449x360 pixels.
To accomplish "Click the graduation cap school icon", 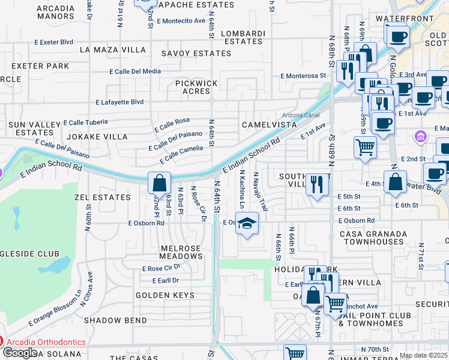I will [x=246, y=223].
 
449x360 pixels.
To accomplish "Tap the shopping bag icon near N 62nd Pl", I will [x=159, y=182].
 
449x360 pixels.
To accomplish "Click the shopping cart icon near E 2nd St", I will [x=366, y=146].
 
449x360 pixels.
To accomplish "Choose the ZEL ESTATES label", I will [x=102, y=197].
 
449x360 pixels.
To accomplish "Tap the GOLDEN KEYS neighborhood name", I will [x=165, y=295].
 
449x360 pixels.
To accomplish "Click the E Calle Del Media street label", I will [x=135, y=71].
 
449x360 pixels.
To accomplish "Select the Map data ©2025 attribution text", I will [x=423, y=355].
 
